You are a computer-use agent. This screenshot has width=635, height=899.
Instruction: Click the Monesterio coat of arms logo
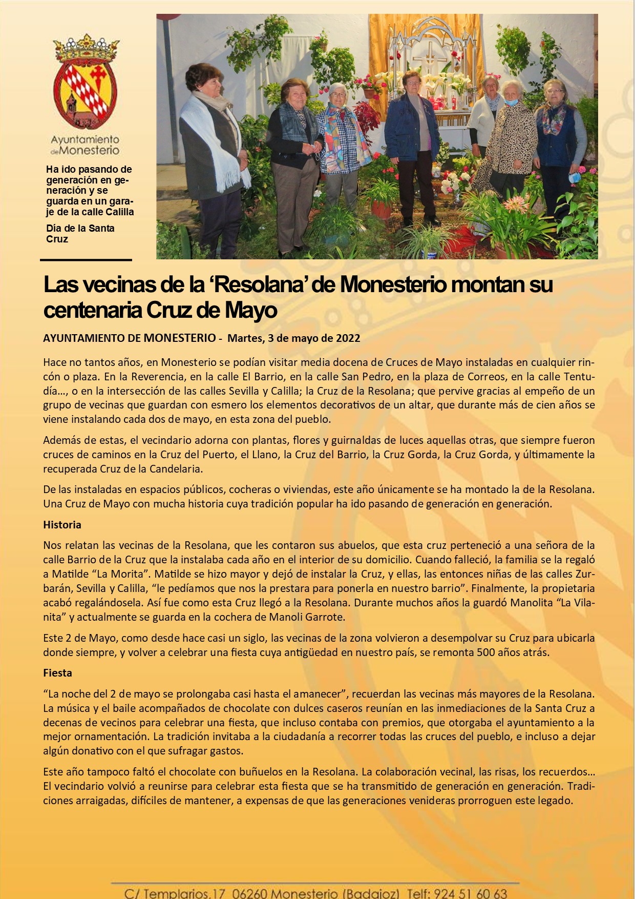[x=86, y=82]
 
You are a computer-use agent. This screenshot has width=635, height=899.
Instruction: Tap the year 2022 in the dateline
[x=348, y=338]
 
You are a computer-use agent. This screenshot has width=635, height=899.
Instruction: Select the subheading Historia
[x=62, y=525]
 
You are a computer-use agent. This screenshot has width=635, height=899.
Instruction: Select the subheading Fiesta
[x=57, y=673]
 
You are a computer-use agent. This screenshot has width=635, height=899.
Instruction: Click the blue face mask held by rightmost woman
[x=574, y=177]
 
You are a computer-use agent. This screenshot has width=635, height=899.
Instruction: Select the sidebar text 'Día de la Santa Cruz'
[x=80, y=234]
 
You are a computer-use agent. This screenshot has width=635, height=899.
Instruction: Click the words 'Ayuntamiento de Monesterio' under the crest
[x=85, y=145]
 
